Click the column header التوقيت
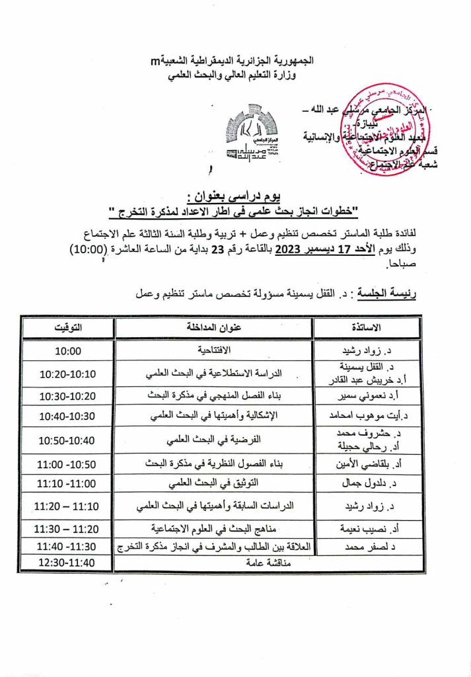pos(67,328)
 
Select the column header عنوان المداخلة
pos(214,328)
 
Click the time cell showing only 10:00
pos(67,350)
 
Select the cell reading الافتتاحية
pos(214,350)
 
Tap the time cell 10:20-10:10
pos(67,374)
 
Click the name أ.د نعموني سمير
pos(367,396)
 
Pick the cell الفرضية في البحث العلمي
pos(214,439)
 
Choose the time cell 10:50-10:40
pos(67,439)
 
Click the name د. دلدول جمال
pos(367,485)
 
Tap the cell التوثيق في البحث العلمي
pos(214,485)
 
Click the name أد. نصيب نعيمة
pos(367,529)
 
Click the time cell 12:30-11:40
pos(67,563)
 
